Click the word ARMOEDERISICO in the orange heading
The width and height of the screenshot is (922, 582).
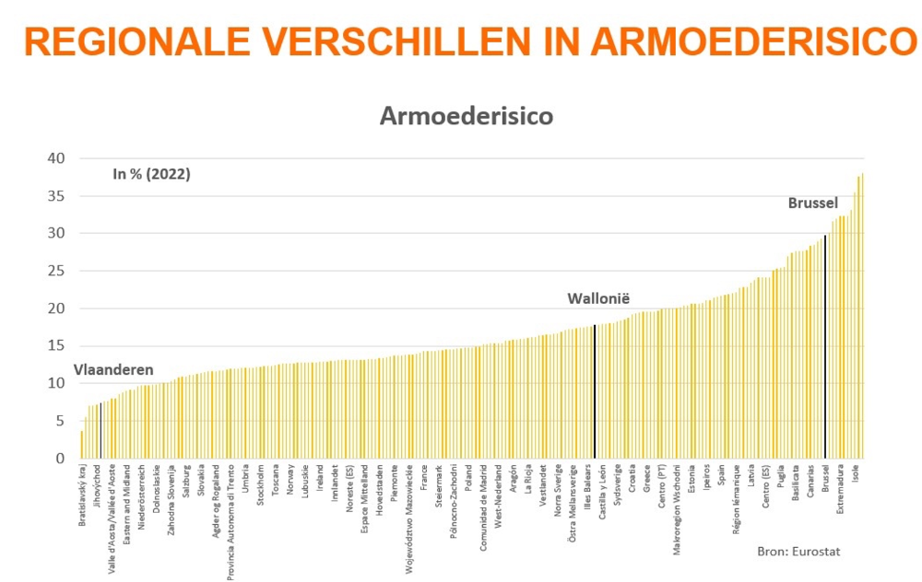tap(756, 42)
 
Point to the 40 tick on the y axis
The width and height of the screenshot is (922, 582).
tap(57, 158)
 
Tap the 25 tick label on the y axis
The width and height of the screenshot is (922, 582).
tap(57, 271)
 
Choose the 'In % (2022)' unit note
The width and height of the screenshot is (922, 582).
tap(151, 173)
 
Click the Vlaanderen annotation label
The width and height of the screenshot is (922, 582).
tap(113, 369)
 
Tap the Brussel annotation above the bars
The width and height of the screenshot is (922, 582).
tap(812, 203)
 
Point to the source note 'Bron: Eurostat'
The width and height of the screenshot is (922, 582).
tap(798, 551)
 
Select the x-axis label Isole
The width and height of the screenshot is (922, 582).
tap(857, 480)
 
